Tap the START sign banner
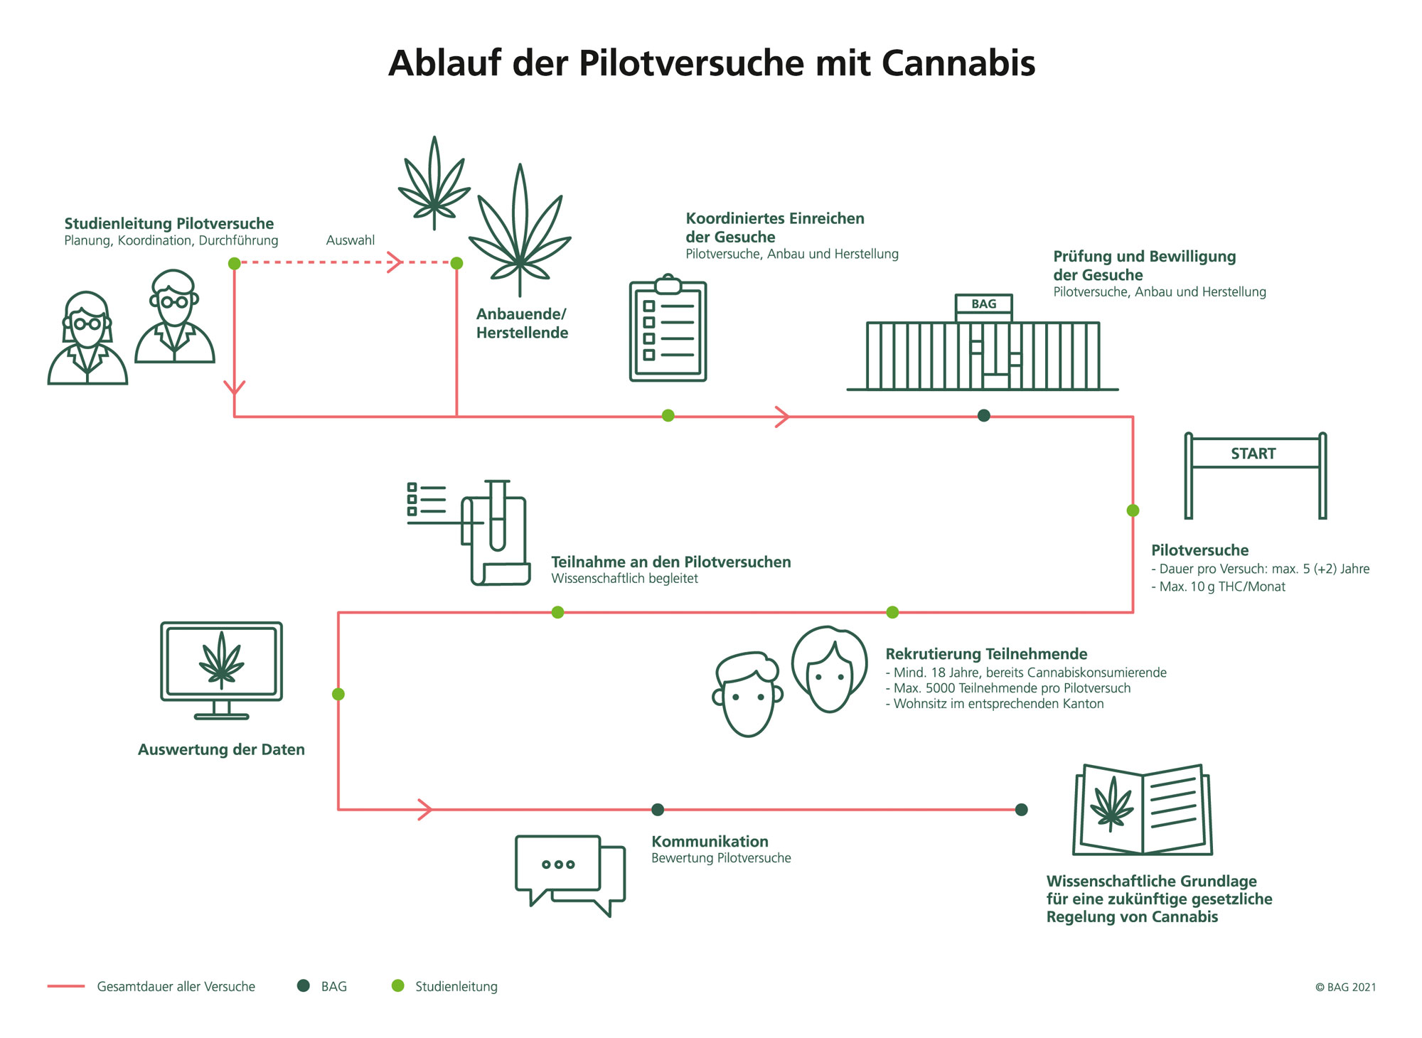pyautogui.click(x=1253, y=454)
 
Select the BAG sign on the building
pyautogui.click(x=983, y=304)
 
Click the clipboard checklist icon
pyautogui.click(x=668, y=331)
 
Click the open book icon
pyautogui.click(x=1143, y=810)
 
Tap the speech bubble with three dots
pyautogui.click(x=558, y=864)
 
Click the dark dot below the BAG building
pyautogui.click(x=983, y=416)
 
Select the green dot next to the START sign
pyautogui.click(x=1133, y=510)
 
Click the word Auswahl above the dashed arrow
pyautogui.click(x=350, y=240)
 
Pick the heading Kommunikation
pyautogui.click(x=710, y=842)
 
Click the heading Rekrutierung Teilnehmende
pyautogui.click(x=986, y=654)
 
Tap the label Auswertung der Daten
pyautogui.click(x=221, y=749)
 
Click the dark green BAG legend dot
pyautogui.click(x=304, y=985)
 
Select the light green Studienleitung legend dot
pyautogui.click(x=398, y=985)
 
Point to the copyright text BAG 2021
pyautogui.click(x=1345, y=987)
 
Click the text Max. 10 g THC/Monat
pyautogui.click(x=1221, y=587)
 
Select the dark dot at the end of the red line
pyautogui.click(x=1021, y=810)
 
